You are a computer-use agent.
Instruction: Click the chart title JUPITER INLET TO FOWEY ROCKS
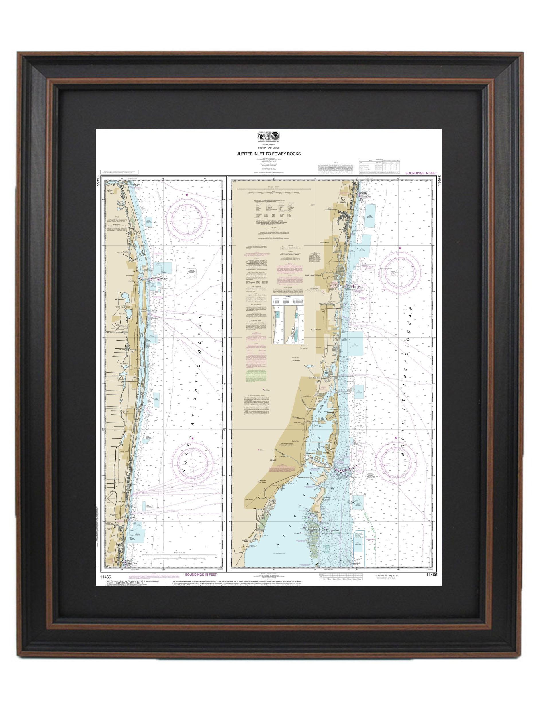tap(268, 154)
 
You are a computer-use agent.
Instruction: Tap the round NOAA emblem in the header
tap(276, 136)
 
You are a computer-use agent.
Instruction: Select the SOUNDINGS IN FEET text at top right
tap(421, 173)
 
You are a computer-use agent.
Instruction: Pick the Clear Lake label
tap(123, 314)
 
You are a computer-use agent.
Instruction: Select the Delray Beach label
tap(124, 451)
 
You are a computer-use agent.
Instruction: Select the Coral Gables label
tap(262, 482)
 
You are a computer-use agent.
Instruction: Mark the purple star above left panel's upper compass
tap(187, 195)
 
